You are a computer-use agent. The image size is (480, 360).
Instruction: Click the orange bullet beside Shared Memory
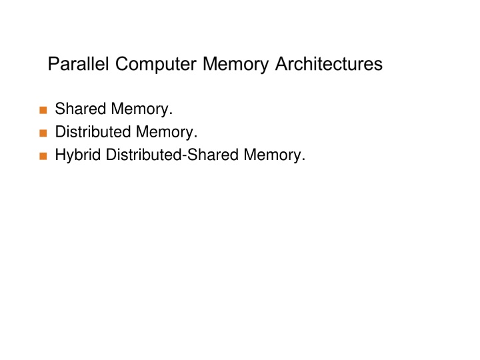point(43,110)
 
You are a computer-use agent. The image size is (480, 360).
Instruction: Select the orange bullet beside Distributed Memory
point(43,133)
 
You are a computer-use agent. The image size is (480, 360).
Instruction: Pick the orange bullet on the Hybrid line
point(43,156)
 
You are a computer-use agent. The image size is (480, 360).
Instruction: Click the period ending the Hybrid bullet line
point(303,160)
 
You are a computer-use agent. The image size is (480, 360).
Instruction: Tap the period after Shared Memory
point(171,114)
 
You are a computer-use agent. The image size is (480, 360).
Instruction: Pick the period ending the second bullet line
point(196,137)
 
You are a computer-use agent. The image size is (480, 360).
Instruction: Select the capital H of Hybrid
point(60,155)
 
